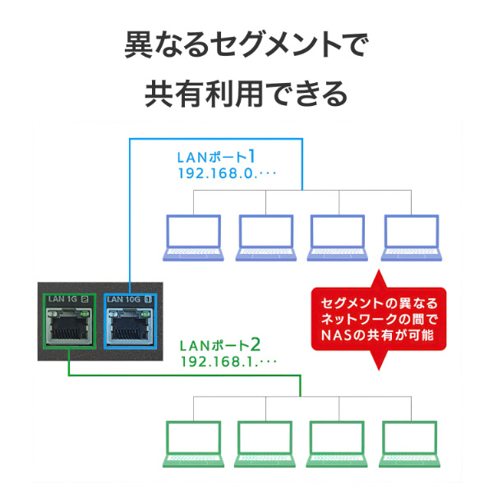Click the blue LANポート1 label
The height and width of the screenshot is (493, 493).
216,157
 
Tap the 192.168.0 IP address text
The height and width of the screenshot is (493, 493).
227,173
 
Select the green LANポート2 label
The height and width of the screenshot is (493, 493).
220,345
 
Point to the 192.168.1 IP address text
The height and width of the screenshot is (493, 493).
228,362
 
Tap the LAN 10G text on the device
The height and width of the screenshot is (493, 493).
123,299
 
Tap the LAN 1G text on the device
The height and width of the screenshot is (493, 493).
62,299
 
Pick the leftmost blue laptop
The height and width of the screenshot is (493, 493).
193,237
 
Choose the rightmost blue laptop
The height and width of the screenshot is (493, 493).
412,237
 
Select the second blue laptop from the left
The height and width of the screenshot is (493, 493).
266,237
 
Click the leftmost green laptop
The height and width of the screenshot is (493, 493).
193,444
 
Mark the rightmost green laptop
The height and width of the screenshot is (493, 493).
410,444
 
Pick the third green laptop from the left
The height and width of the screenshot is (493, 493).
337,444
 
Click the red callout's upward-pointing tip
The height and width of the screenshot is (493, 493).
379,270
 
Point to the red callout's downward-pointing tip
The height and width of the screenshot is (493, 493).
379,370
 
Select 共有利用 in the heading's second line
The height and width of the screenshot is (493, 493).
204,94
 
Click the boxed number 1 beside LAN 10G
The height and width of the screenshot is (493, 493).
148,299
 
